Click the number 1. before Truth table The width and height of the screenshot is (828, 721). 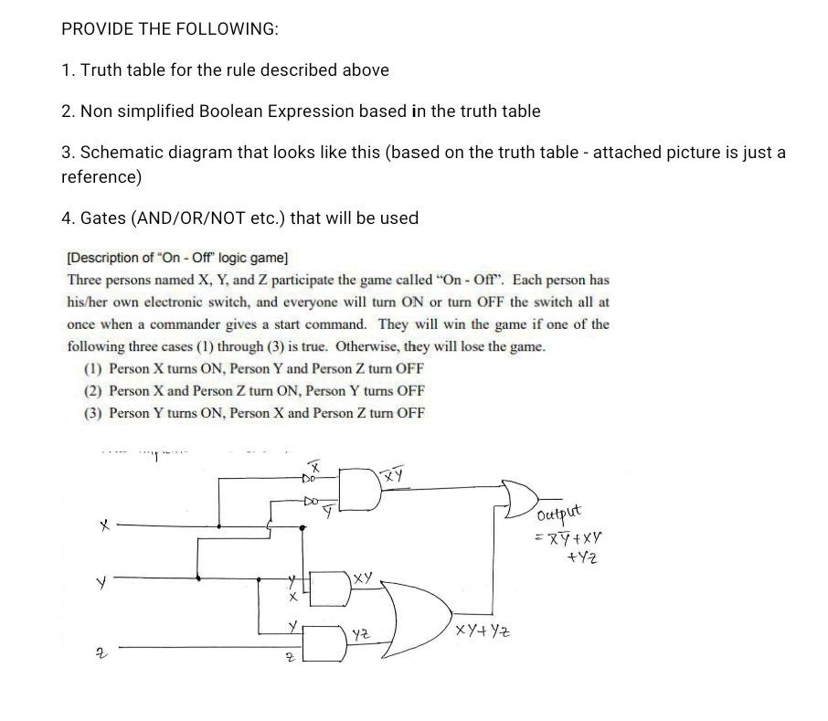68,70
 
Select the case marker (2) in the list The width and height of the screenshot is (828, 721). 92,391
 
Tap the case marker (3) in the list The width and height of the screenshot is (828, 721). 92,413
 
